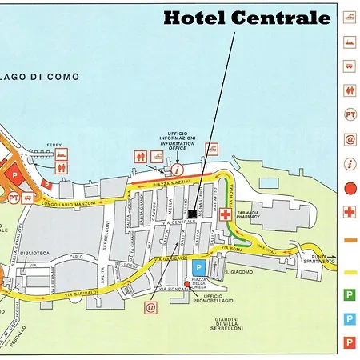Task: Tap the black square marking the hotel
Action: click(x=193, y=213)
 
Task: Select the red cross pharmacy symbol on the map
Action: click(x=226, y=215)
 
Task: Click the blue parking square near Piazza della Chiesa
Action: click(x=199, y=267)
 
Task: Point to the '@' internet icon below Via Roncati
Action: click(x=150, y=306)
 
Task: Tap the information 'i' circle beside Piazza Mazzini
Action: click(x=177, y=169)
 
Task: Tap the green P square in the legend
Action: click(x=349, y=295)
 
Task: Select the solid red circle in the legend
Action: click(x=349, y=190)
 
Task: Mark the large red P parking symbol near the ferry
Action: click(x=13, y=171)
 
